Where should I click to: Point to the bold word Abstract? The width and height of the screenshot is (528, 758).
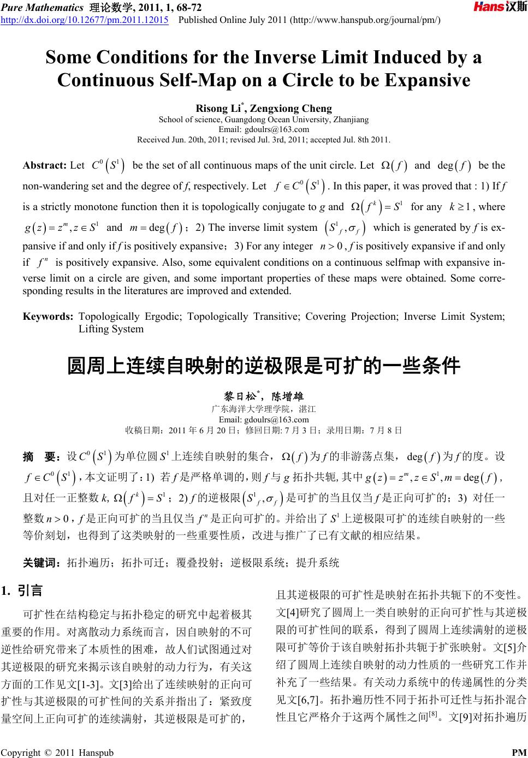45,165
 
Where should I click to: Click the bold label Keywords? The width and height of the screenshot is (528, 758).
48,317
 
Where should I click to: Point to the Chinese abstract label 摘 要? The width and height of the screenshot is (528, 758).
41,456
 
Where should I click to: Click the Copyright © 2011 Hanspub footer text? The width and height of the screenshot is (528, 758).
57,753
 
